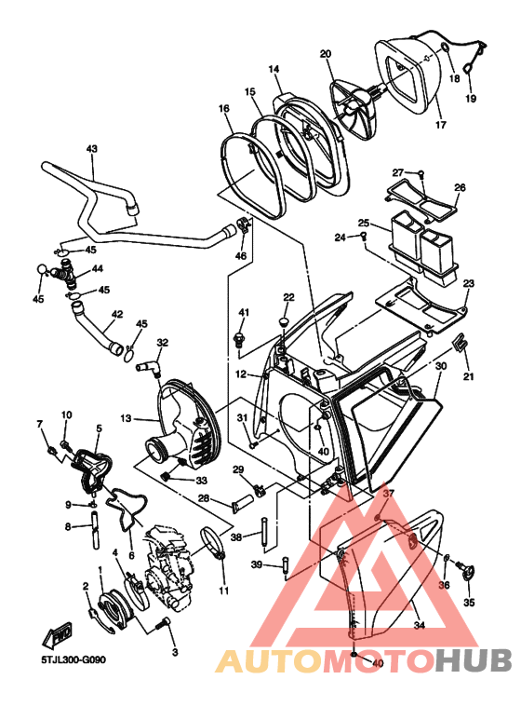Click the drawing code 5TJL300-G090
coord(73,659)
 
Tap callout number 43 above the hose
coord(92,149)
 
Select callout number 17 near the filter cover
coord(441,125)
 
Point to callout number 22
coord(288,297)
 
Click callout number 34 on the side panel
coord(419,625)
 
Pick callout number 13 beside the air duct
coord(127,418)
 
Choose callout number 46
coord(241,256)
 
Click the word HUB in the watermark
coord(474,660)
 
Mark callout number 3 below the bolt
coord(175,652)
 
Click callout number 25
coord(364,223)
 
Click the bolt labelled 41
coord(239,338)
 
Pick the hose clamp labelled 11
coord(213,543)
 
